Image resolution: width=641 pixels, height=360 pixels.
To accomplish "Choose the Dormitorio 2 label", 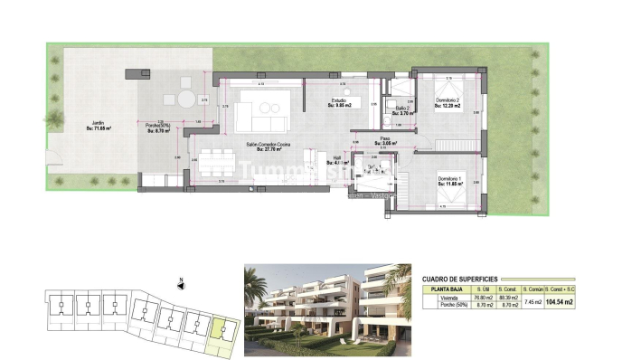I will (448, 101).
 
